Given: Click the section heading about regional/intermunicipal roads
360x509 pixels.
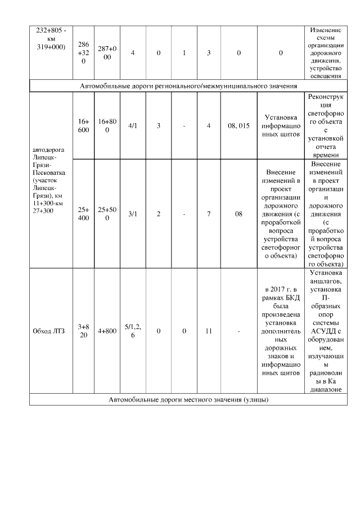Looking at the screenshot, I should click(188, 85).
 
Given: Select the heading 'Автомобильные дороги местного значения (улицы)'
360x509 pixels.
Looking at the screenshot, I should click(188, 400).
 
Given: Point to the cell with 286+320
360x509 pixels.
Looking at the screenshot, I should click(83, 52).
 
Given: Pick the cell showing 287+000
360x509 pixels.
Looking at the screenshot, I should click(107, 52).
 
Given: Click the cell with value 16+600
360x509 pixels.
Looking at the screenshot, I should click(83, 125).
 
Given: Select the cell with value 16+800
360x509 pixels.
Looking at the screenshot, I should click(107, 125).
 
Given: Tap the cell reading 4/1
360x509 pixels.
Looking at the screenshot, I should click(133, 125).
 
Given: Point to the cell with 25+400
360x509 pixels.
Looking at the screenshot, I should click(83, 214).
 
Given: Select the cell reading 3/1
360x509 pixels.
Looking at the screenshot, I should click(133, 214).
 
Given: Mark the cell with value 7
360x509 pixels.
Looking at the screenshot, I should click(209, 214).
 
